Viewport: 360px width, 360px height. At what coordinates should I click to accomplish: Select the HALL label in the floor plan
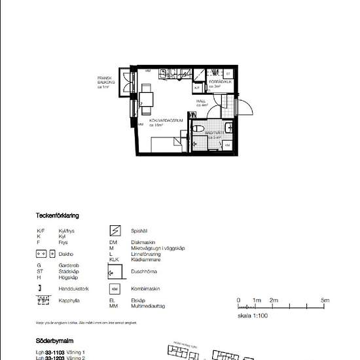[202, 103]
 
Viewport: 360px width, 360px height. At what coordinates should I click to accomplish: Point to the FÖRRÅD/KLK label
[218, 81]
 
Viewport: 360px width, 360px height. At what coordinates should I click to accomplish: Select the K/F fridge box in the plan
[197, 87]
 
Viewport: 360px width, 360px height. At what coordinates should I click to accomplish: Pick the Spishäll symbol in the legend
[115, 230]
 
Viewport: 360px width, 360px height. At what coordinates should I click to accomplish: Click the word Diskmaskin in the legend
[139, 243]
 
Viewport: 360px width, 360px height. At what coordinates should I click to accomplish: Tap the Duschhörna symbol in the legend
[115, 270]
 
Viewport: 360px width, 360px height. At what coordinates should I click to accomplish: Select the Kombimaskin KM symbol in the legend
[115, 288]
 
